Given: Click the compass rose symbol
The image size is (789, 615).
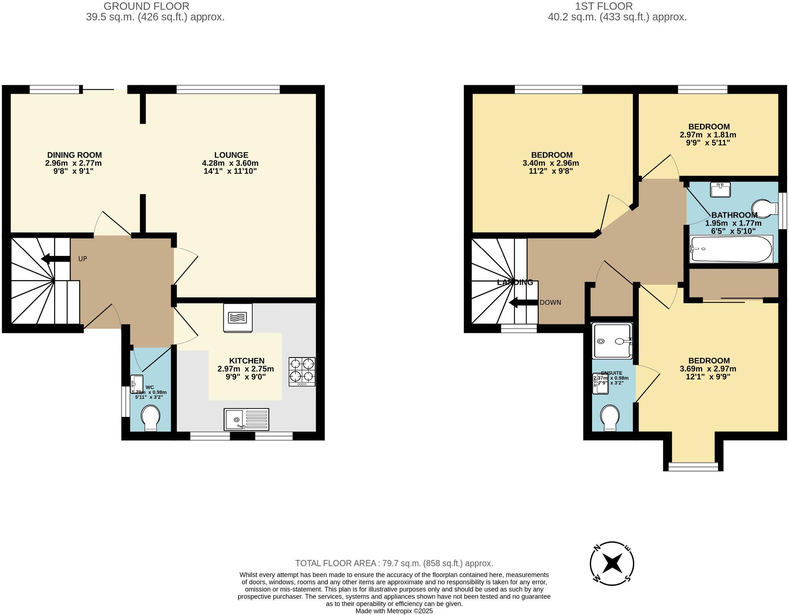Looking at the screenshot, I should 612,564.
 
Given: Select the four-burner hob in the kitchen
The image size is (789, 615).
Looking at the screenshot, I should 302,372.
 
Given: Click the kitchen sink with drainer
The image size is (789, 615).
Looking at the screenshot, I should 246,419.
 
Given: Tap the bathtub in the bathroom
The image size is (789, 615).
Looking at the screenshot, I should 731,249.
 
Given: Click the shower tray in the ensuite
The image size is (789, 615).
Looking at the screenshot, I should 613,341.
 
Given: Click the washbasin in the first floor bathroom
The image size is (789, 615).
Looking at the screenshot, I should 720,190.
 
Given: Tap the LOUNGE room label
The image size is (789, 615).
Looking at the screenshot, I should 231,155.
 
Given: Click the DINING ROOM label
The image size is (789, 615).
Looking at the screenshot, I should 74,155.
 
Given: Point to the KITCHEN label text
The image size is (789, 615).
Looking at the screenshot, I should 247,361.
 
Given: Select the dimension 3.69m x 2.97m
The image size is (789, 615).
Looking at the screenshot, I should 709,369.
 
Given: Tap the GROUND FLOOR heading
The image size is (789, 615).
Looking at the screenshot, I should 146,6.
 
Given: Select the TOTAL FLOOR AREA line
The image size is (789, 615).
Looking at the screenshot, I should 394,563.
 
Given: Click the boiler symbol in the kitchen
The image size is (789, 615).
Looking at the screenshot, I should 238,318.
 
